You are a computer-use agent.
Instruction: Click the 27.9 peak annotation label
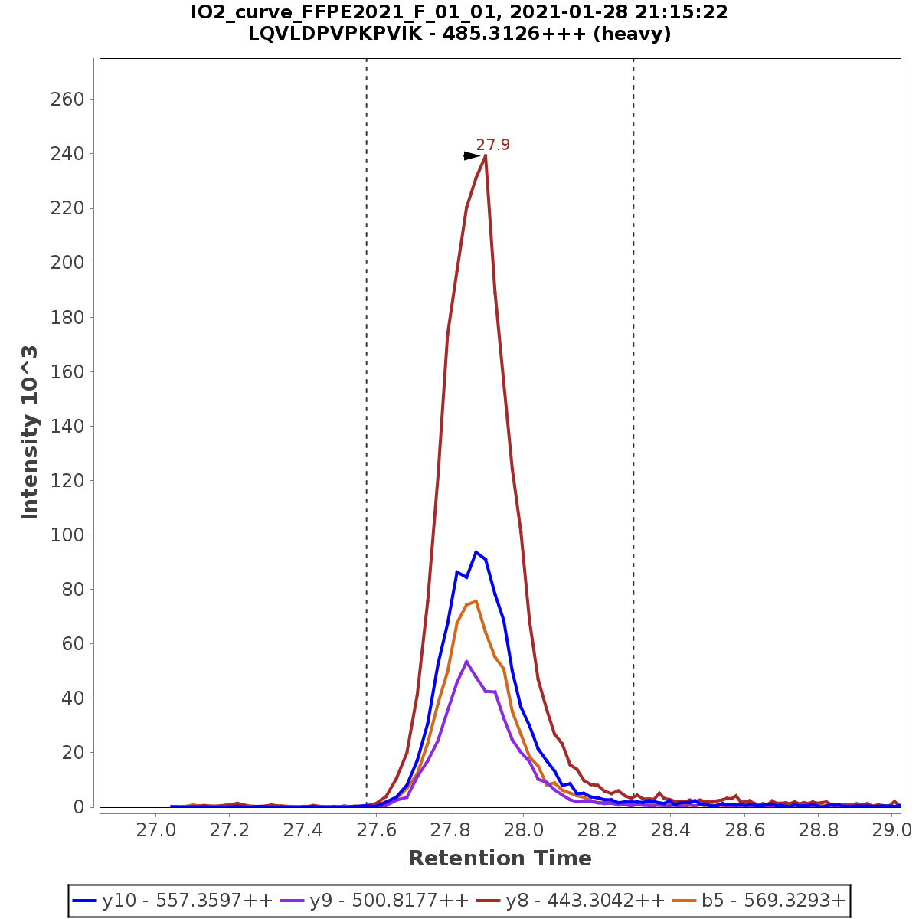[492, 145]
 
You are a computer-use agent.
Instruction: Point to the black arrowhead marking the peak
[471, 156]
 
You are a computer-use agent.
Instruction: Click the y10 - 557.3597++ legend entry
[172, 901]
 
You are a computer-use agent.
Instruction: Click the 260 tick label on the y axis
[67, 100]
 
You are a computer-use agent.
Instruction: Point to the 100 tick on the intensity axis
[67, 535]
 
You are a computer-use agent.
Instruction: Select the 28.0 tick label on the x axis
[523, 830]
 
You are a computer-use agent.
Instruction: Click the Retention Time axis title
[499, 858]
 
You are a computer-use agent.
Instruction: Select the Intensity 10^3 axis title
[30, 433]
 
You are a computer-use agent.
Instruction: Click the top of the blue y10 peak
[476, 551]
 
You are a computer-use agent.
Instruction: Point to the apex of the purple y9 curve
[466, 661]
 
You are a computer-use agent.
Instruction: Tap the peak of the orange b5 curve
[476, 601]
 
